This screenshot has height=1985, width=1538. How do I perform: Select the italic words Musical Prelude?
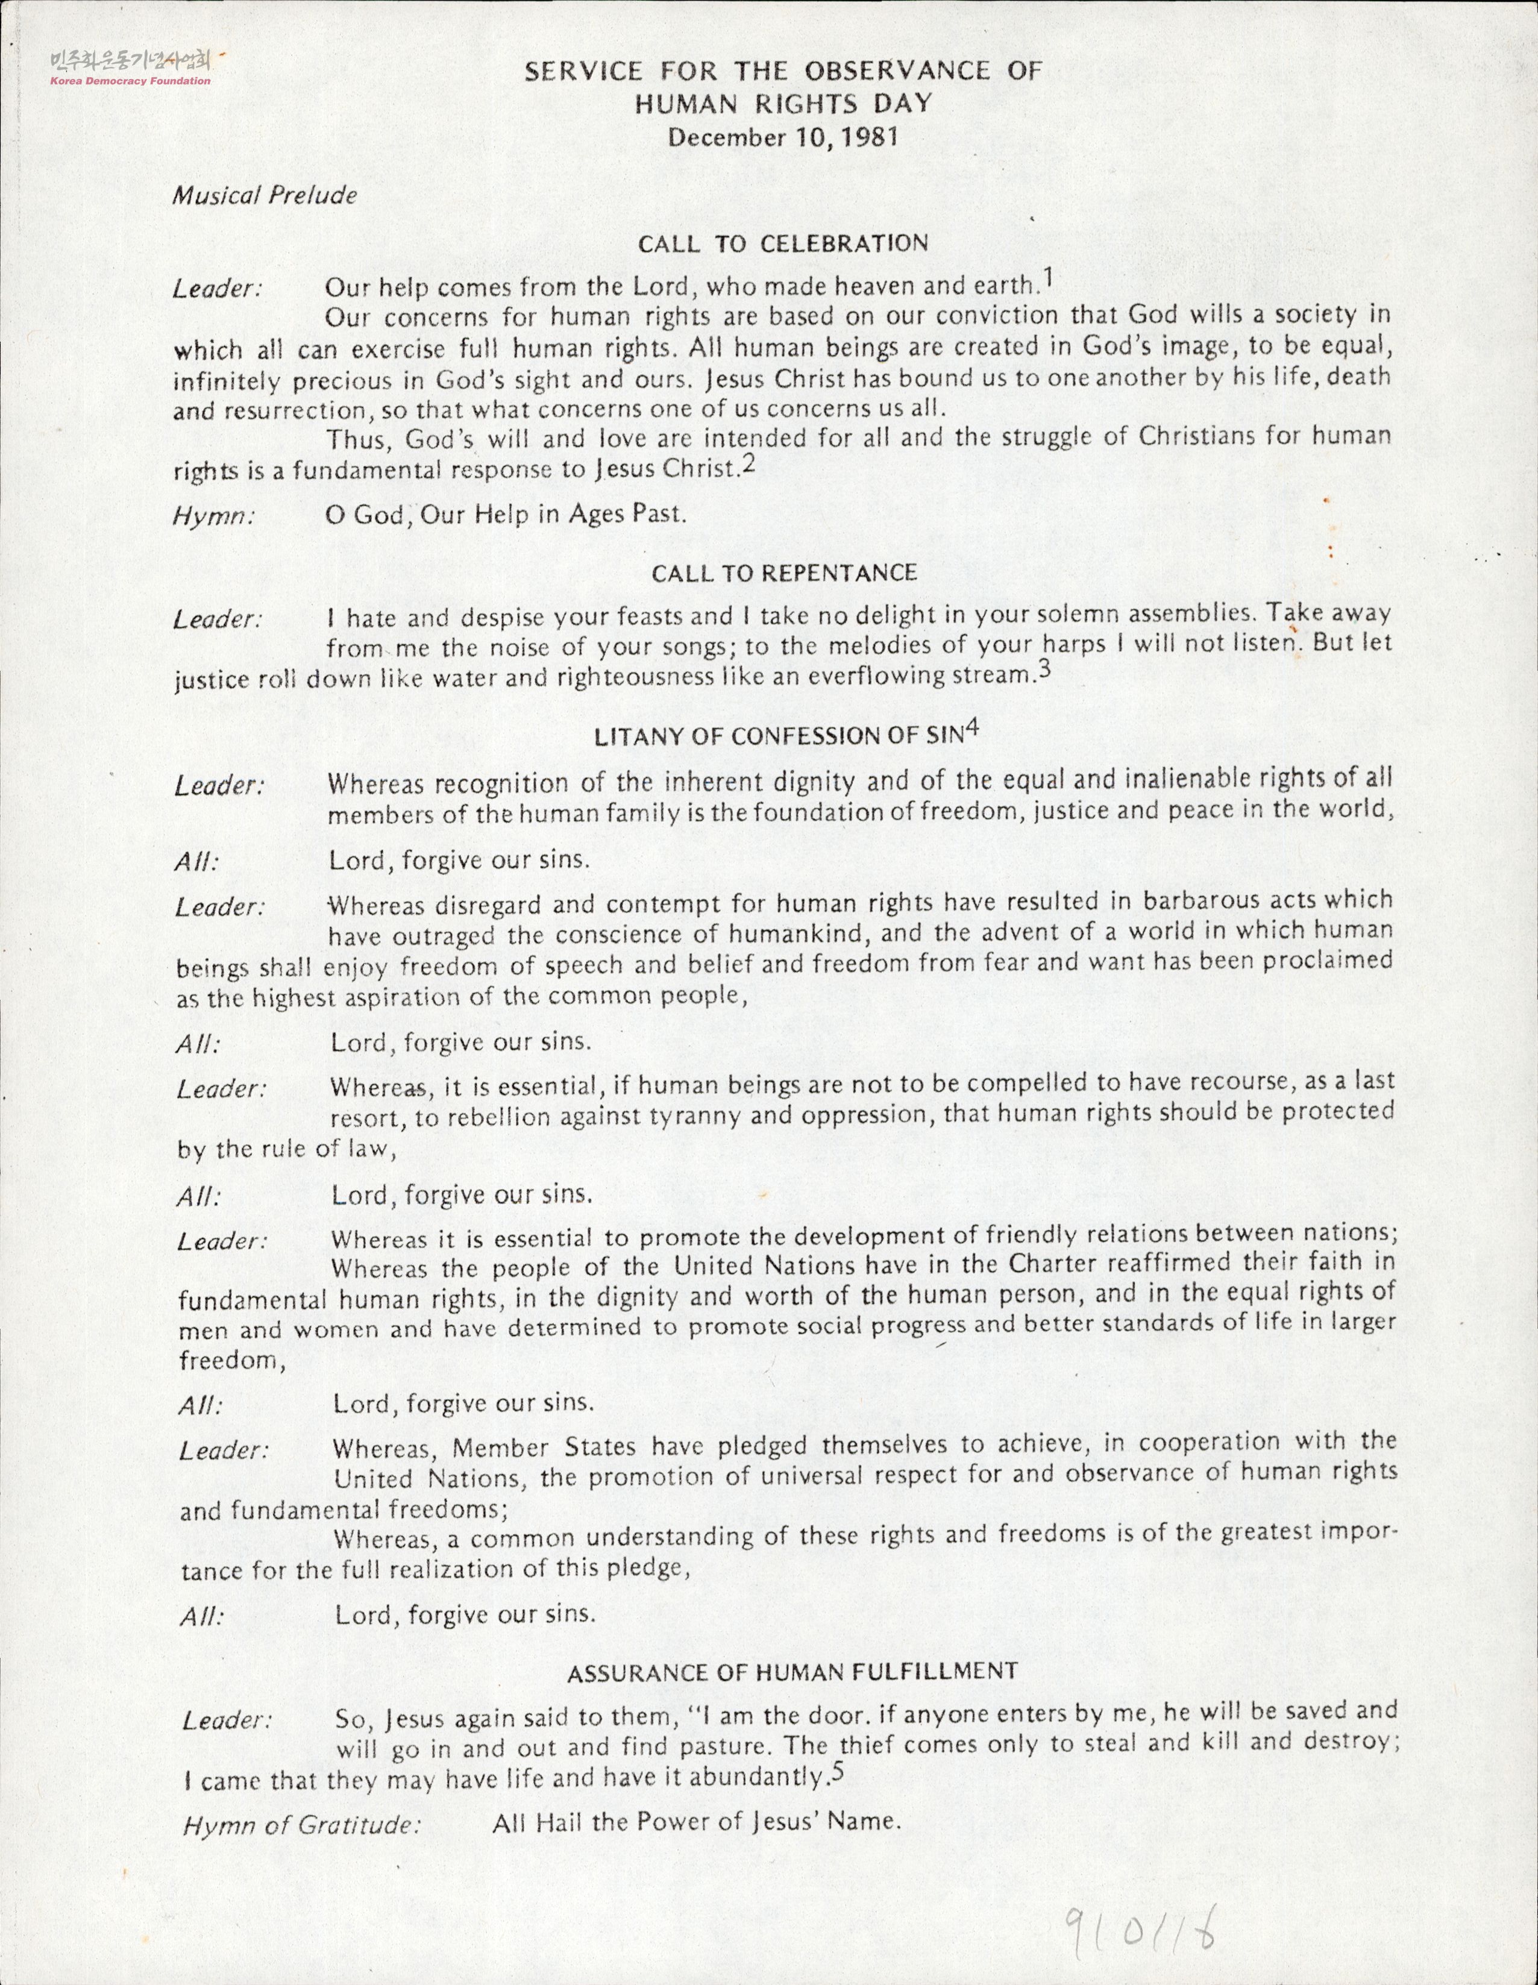(x=265, y=195)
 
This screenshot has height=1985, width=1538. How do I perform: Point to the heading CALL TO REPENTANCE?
(x=783, y=572)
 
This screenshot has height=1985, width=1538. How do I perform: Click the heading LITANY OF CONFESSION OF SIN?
(x=777, y=737)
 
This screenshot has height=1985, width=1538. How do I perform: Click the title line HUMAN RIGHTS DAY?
(x=783, y=104)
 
